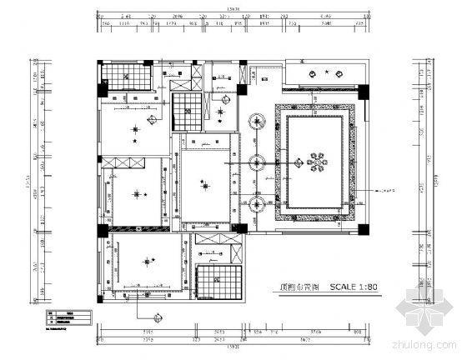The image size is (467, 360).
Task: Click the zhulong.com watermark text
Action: [x=425, y=343]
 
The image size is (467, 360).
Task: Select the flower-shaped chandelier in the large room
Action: [x=316, y=161]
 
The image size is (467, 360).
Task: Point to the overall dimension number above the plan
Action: [x=232, y=10]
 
